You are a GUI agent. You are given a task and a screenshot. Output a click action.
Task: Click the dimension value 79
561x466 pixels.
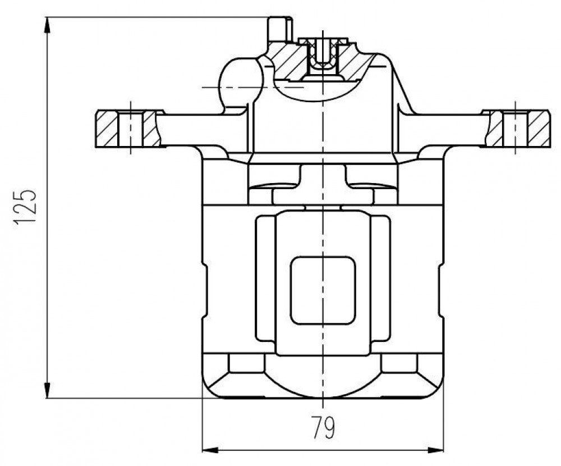323,427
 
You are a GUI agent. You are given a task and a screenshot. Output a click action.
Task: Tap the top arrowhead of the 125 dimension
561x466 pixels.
47,25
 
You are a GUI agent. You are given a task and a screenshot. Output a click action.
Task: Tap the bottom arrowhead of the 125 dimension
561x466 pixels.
47,390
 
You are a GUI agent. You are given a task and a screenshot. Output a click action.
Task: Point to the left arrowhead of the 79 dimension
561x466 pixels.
210,450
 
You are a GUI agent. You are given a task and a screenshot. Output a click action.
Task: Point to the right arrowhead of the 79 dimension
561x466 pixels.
435,450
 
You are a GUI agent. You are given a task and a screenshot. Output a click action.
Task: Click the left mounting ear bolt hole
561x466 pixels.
131,129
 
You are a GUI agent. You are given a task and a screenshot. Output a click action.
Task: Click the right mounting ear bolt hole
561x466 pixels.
515,129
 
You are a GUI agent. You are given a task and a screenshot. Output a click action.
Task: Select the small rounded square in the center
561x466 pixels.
323,290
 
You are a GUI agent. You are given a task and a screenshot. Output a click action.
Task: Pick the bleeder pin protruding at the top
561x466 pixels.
280,29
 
